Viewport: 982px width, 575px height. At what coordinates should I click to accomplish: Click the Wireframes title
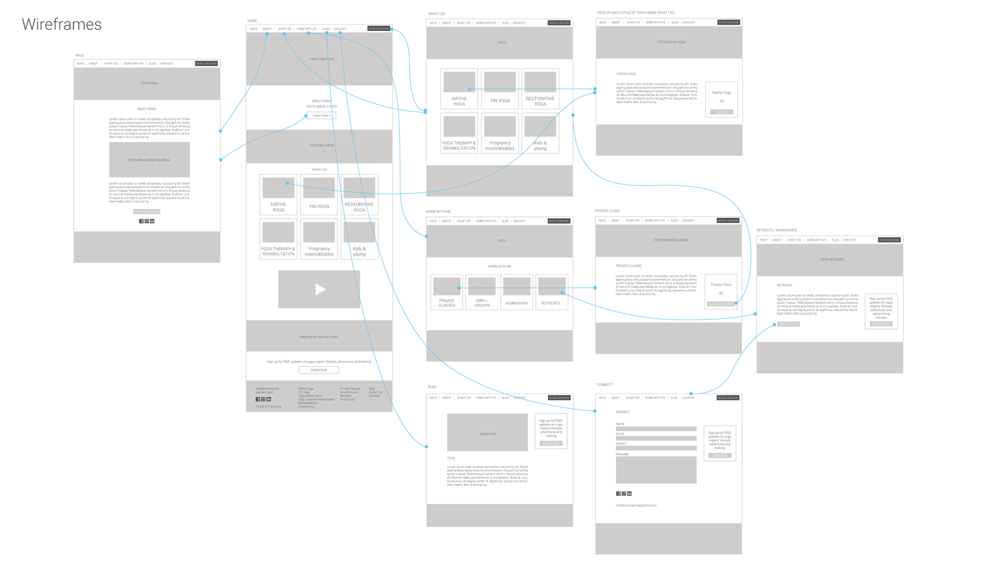[62, 25]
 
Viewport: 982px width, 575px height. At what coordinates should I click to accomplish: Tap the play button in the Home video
[320, 289]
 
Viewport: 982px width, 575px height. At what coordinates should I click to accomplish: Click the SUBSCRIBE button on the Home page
[319, 370]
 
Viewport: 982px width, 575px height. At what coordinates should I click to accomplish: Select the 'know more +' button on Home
[321, 116]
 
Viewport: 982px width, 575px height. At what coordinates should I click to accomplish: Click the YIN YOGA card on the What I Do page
[500, 89]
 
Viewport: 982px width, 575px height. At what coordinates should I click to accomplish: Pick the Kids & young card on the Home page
[359, 239]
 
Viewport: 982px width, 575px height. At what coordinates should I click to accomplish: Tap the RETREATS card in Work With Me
[551, 292]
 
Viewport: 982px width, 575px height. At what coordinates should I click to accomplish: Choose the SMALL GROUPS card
[482, 292]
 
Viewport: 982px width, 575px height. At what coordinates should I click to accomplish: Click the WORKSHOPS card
[517, 292]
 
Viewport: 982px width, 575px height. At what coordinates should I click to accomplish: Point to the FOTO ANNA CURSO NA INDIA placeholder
[149, 160]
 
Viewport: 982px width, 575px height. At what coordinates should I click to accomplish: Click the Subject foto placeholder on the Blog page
[487, 432]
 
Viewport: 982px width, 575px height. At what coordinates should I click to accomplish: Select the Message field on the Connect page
[656, 470]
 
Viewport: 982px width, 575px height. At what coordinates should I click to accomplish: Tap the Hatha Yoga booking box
[721, 100]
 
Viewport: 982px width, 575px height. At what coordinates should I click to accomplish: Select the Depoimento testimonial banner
[319, 336]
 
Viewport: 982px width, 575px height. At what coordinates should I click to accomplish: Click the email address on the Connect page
[636, 505]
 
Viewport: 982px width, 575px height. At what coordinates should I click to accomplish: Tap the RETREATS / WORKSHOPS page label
[776, 231]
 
